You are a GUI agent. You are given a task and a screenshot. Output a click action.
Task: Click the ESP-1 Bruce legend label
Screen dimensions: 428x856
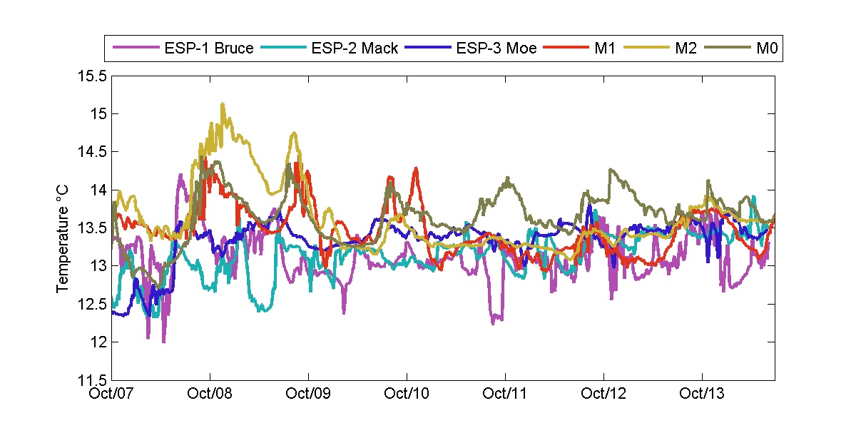pyautogui.click(x=208, y=49)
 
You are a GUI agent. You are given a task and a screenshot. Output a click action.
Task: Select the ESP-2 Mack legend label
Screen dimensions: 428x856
pyautogui.click(x=355, y=49)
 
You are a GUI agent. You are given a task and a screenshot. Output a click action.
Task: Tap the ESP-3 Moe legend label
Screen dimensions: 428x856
pyautogui.click(x=496, y=49)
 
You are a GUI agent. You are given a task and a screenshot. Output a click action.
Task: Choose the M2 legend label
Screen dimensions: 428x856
pyautogui.click(x=684, y=49)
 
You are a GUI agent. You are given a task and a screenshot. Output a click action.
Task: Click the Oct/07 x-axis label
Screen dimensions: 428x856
pyautogui.click(x=113, y=393)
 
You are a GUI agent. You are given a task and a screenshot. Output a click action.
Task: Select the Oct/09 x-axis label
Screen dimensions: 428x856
pyautogui.click(x=308, y=393)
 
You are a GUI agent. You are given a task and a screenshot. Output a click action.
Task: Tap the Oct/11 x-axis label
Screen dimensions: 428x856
pyautogui.click(x=506, y=393)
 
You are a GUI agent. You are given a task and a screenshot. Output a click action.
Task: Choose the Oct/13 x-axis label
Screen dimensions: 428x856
pyautogui.click(x=703, y=393)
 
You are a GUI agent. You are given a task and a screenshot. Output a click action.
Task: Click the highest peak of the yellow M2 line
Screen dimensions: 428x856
pyautogui.click(x=223, y=103)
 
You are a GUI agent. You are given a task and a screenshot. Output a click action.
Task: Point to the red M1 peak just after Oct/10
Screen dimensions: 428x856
pyautogui.click(x=415, y=168)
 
